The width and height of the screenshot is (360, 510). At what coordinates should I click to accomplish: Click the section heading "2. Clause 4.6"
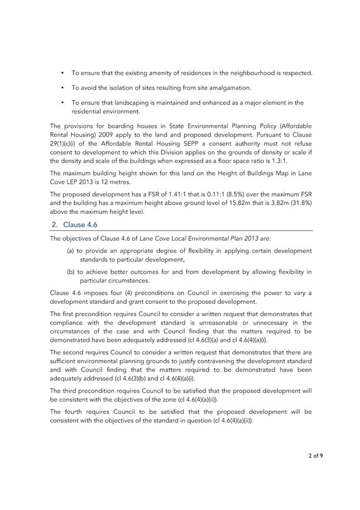(74, 225)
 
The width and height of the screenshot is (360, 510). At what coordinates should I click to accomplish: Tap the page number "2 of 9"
(315, 455)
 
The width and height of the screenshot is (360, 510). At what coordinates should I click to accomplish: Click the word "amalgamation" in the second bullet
(231, 88)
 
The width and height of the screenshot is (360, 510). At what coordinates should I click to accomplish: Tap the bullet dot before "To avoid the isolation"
(63, 88)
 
